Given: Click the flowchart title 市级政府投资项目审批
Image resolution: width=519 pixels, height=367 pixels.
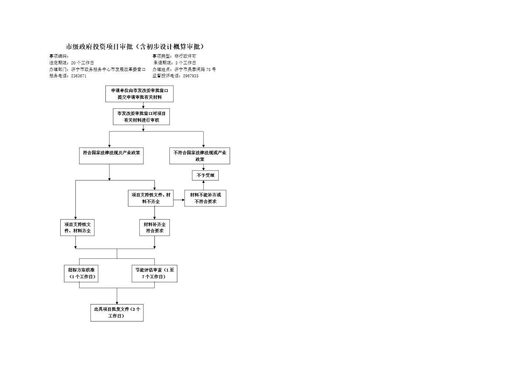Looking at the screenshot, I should pos(135,47).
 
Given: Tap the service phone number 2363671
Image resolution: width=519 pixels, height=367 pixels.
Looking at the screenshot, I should pos(79,76).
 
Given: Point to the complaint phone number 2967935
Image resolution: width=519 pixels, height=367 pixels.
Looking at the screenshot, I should pos(191,76).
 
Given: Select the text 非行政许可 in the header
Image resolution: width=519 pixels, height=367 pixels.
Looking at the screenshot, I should pos(185,56).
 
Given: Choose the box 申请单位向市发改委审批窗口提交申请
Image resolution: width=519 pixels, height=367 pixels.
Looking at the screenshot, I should pos(139,94).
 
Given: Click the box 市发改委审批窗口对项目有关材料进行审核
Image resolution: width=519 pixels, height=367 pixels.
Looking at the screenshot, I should pos(141,117).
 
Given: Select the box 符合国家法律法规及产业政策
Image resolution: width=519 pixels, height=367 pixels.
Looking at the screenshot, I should pos(111,156).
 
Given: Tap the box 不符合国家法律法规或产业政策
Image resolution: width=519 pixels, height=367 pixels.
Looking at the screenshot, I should pos(200,156).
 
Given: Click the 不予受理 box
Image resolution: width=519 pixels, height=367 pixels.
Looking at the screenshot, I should pos(205,175).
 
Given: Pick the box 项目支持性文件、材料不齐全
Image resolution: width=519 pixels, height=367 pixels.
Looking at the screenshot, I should pos(151,198).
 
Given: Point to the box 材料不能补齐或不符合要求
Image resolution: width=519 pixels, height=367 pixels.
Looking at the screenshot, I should pos(205,198).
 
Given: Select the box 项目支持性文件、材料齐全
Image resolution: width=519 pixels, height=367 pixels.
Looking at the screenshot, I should pos(77,228).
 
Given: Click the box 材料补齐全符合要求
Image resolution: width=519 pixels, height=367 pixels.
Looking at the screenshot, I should pos(155,228).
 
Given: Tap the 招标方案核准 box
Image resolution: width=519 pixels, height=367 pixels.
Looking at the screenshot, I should pos(81,273).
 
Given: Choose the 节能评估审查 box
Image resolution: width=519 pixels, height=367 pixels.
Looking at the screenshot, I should pos(154,273).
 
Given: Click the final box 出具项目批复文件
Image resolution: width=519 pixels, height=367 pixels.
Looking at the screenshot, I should pos(117,313).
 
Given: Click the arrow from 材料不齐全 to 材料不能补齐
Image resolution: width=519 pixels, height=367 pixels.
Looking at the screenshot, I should pos(179,200).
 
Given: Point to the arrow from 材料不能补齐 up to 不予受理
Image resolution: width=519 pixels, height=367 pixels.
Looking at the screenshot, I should pos(203,185).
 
